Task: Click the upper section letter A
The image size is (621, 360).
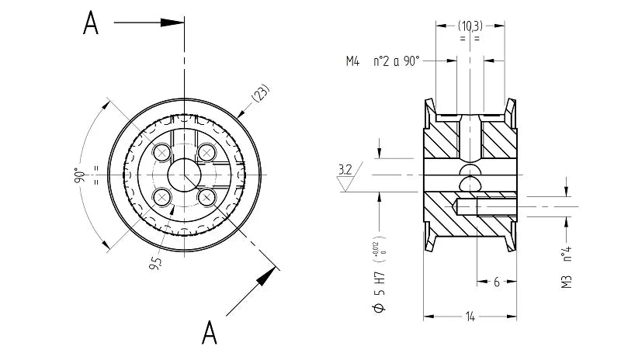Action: point(92,24)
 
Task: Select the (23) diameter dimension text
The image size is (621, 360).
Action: point(261,95)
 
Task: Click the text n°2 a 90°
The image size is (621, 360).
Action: point(397,61)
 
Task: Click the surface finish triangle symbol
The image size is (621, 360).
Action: point(345,183)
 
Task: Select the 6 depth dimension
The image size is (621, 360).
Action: point(496,282)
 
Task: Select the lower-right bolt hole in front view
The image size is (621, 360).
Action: point(206,197)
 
